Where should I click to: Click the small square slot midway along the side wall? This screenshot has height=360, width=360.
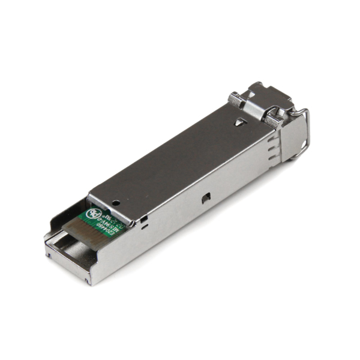[x=205, y=197]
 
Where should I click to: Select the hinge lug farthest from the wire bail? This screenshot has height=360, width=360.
[x=235, y=100]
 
